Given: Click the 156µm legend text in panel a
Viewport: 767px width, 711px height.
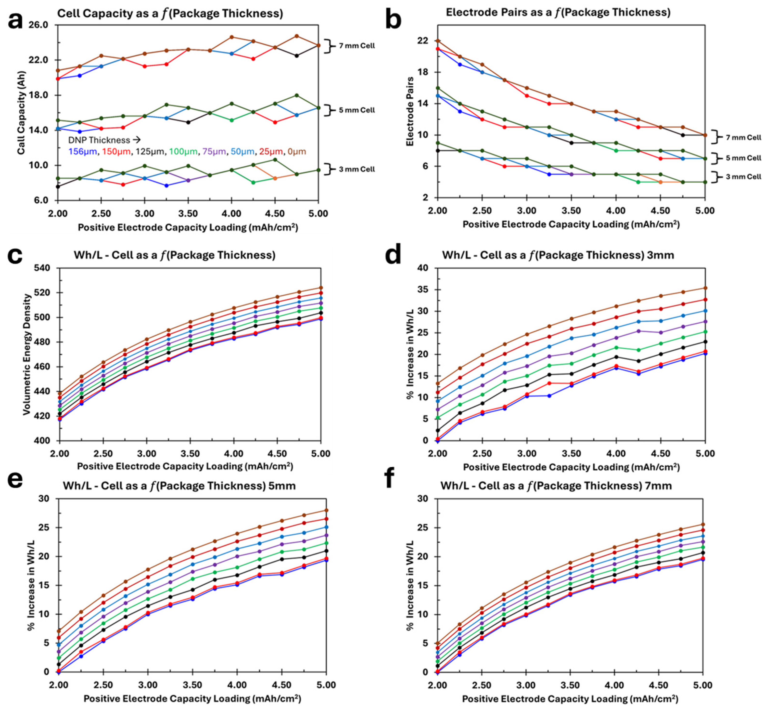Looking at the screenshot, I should tap(82, 152).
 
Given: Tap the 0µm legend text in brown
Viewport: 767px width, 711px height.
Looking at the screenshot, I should tap(297, 152).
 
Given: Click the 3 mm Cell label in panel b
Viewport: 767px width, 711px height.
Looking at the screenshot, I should tap(743, 177).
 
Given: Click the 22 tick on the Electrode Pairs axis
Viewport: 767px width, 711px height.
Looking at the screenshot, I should tap(423, 41).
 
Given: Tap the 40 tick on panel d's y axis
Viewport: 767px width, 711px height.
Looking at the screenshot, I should tap(423, 268).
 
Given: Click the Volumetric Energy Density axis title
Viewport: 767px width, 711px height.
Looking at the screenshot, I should tap(27, 354).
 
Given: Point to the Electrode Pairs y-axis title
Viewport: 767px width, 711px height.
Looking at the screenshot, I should tap(410, 112).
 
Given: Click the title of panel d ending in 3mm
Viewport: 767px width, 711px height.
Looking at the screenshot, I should tap(558, 255).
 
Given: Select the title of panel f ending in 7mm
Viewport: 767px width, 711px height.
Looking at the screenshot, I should tap(556, 486).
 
